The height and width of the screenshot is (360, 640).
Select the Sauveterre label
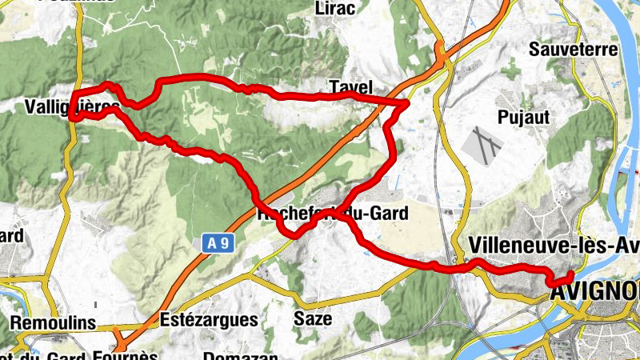tap(574, 50)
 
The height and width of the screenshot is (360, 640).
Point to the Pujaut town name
tap(523, 117)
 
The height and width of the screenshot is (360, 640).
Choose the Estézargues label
tap(209, 319)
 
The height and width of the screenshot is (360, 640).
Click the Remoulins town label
tap(54, 323)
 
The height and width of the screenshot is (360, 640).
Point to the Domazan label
tap(240, 355)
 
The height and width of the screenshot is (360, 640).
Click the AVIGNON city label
tap(595, 294)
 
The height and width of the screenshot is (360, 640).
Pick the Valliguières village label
tap(72, 107)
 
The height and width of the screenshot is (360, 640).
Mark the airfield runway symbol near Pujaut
tap(482, 144)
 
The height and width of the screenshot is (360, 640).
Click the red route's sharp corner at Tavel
tap(407, 102)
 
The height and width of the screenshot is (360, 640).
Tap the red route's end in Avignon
tap(570, 276)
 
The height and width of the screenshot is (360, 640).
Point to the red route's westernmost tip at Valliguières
tap(71, 118)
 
